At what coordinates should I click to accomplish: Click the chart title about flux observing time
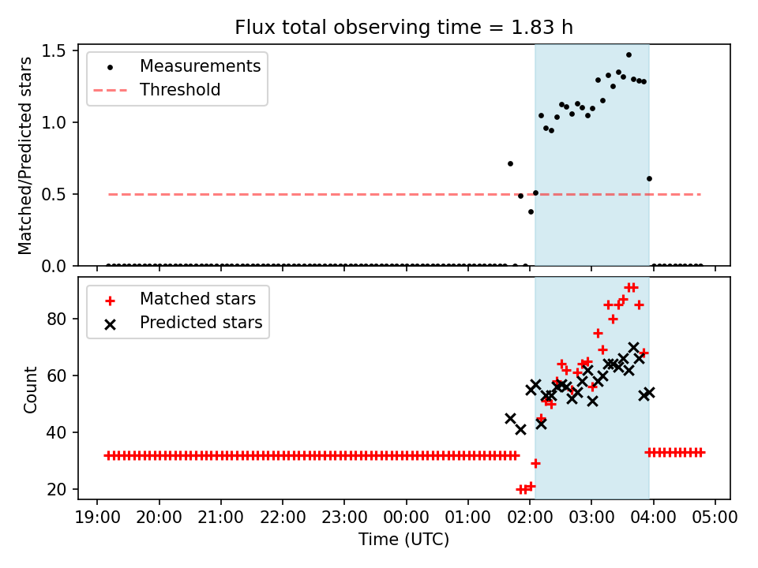pos(403,28)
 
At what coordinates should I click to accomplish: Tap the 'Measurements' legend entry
pos(200,66)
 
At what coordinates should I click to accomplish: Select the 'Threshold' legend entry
pos(180,90)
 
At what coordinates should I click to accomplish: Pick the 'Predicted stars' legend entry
pos(201,323)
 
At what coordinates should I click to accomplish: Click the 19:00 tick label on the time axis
pos(97,518)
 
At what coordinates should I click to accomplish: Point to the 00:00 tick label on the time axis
pos(407,518)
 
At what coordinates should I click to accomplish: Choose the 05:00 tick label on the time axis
pos(715,518)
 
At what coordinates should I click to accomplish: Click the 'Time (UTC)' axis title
pos(403,540)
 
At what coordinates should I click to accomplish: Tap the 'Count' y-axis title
pos(31,389)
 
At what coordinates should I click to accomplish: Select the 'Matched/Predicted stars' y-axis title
pos(26,155)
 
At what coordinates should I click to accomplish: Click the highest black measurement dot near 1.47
pos(629,54)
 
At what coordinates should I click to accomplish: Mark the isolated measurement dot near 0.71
pos(510,163)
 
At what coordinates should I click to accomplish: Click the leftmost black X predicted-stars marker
pos(510,418)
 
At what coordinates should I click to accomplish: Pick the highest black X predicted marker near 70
pos(633,347)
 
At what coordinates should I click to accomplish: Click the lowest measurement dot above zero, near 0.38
pos(531,211)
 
